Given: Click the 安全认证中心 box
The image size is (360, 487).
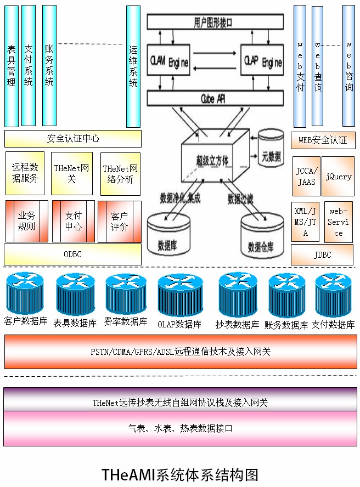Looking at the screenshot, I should coord(73,139).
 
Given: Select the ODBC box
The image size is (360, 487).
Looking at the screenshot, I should coord(72,254).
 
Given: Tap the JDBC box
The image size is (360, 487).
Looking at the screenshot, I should coord(322,255).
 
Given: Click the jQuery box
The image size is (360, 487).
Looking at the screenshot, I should coord(338,177).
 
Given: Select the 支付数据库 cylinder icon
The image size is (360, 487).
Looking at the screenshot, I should coord(333,295).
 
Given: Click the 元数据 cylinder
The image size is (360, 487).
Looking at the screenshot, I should coord(271,148).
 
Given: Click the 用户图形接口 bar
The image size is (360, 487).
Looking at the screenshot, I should coord(215,22).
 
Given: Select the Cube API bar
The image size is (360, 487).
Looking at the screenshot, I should coord(215,98).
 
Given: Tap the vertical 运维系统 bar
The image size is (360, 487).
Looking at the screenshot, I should coord(133,66).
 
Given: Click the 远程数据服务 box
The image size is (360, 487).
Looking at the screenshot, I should coord(25,173).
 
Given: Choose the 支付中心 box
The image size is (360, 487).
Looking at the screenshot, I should coord(73,221).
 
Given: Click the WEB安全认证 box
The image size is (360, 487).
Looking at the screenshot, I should coord(323,140).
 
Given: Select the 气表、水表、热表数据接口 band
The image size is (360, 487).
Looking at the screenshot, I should coord(180,428).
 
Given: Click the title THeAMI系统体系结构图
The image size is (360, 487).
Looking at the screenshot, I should coord(180,474).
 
